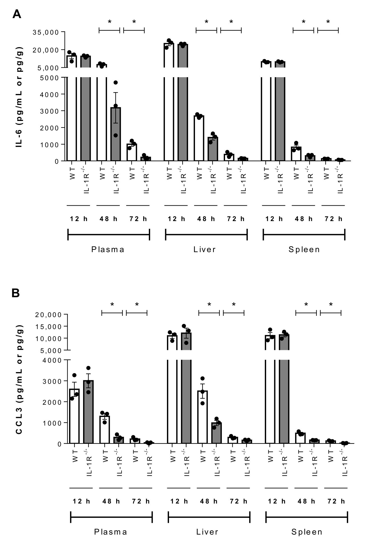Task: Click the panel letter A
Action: (x=17, y=14)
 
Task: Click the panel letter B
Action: (x=16, y=293)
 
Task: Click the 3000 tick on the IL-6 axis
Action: (x=53, y=111)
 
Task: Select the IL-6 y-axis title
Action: (x=19, y=97)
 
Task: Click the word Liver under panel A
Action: (x=204, y=249)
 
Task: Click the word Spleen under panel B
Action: (x=307, y=532)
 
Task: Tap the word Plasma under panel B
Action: (x=111, y=532)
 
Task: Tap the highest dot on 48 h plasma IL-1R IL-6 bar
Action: (x=116, y=83)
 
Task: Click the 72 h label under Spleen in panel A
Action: (x=333, y=219)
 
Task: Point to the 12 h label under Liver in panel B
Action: (x=179, y=501)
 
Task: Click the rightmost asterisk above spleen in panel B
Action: (x=331, y=305)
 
